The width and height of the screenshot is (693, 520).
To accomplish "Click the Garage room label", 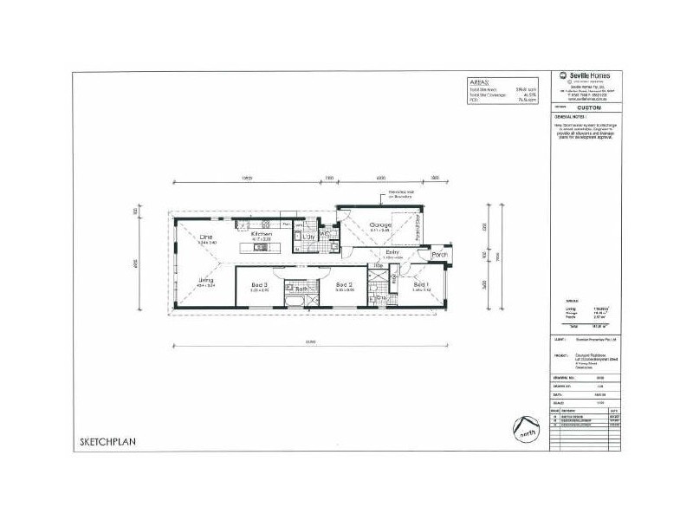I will click(380, 224).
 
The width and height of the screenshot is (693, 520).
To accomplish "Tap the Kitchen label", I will click(262, 234).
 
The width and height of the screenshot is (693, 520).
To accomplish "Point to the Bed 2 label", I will click(344, 284).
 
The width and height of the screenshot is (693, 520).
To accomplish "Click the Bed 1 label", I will click(420, 284).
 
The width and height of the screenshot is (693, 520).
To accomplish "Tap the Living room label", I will click(206, 280).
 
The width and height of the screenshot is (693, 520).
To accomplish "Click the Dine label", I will click(206, 237).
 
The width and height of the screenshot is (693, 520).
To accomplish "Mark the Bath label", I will click(301, 289).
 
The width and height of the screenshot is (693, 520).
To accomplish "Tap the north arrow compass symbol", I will click(522, 428).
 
